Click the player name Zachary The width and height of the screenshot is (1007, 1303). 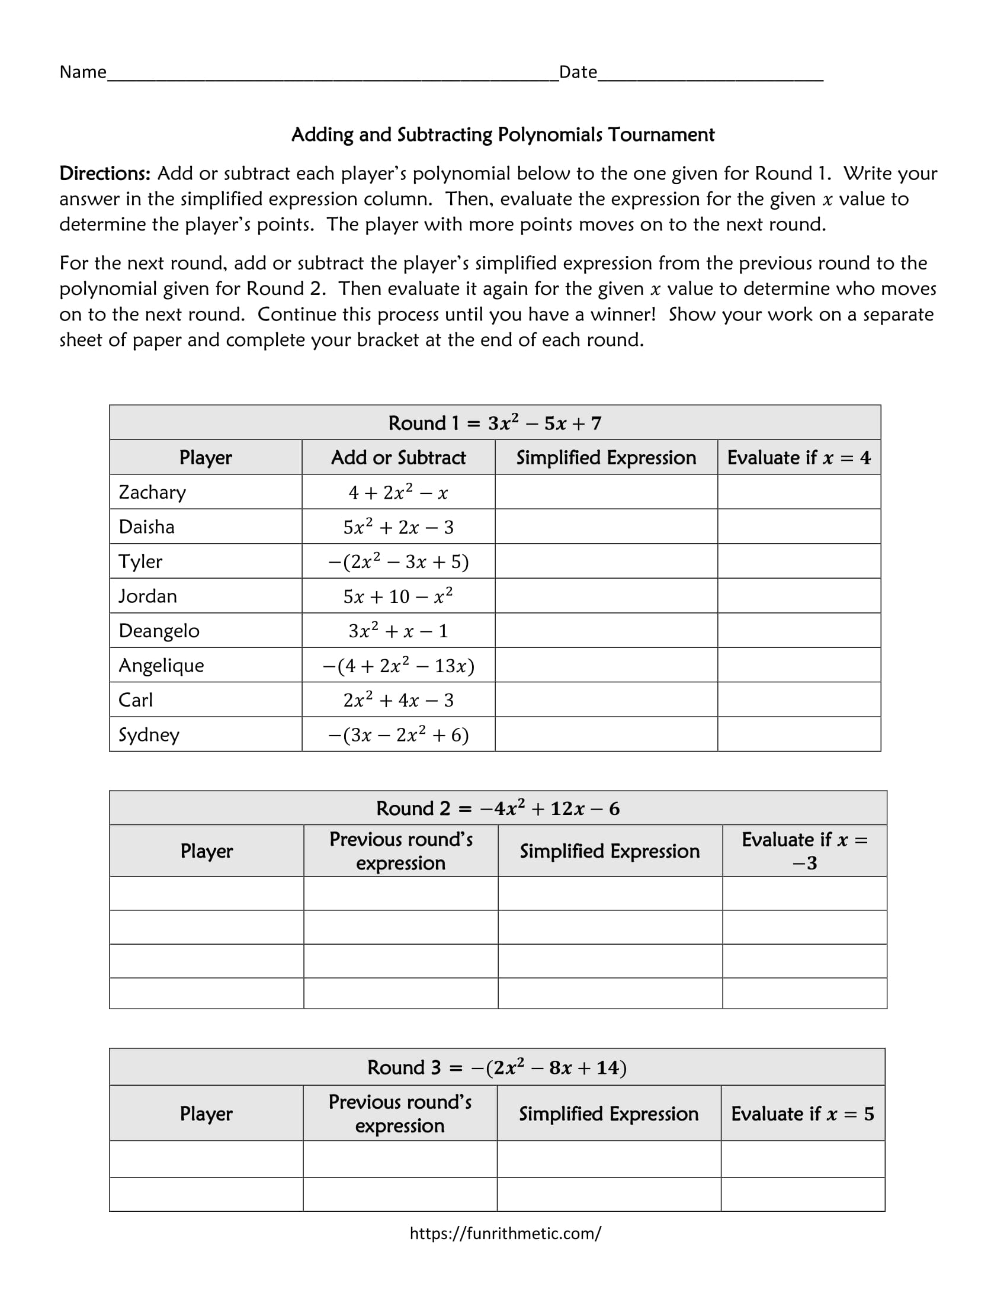click(152, 492)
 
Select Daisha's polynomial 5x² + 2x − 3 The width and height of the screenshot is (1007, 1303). click(398, 527)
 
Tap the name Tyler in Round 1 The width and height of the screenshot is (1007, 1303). click(140, 561)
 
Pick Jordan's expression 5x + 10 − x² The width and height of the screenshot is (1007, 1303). click(398, 596)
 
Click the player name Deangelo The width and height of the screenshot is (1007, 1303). click(159, 631)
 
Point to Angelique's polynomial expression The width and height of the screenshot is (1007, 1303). click(398, 666)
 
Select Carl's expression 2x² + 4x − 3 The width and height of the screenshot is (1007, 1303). click(398, 700)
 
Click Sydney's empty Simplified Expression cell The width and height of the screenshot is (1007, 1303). click(605, 734)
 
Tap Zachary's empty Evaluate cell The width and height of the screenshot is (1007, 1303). click(799, 492)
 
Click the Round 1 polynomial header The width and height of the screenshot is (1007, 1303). click(495, 423)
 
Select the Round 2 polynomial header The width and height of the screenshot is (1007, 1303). click(498, 808)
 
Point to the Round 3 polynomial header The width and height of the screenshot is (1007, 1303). click(496, 1067)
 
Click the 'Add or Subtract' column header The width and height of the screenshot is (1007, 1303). click(398, 458)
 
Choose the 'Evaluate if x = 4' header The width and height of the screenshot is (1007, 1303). click(799, 458)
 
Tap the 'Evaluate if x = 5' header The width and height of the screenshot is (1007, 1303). click(803, 1114)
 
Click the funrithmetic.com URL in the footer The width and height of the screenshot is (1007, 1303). click(505, 1233)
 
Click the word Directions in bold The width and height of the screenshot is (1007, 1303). click(104, 174)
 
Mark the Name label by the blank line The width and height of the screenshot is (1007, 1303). click(83, 72)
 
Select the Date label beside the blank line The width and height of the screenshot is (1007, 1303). click(578, 72)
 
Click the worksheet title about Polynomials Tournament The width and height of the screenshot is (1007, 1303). click(502, 135)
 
